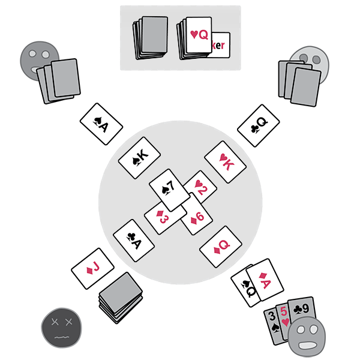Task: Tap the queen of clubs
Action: tap(257, 128)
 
